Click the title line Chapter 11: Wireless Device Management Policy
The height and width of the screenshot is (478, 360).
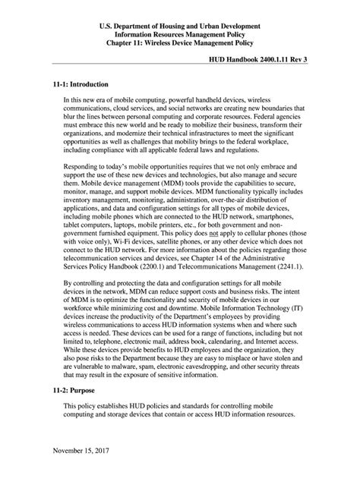click(x=180, y=35)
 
